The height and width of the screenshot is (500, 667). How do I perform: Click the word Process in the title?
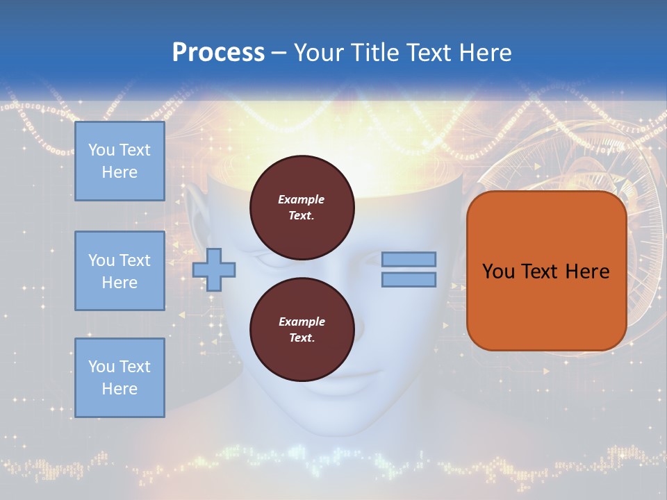click(x=218, y=53)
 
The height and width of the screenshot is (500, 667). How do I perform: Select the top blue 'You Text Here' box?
click(x=120, y=161)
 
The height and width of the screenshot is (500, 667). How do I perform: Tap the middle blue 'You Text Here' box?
click(x=120, y=271)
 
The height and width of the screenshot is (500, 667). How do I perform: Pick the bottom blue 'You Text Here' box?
click(x=120, y=378)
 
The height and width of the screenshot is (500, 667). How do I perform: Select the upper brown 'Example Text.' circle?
click(x=302, y=203)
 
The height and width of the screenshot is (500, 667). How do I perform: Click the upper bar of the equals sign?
click(x=409, y=259)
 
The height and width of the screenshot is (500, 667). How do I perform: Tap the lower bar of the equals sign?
click(x=409, y=279)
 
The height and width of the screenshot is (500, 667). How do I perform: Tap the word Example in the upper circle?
click(x=302, y=199)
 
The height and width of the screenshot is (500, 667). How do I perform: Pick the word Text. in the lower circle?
click(x=302, y=338)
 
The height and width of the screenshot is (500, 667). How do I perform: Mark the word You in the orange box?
click(x=497, y=272)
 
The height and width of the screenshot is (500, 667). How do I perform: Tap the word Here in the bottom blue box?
click(x=120, y=389)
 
